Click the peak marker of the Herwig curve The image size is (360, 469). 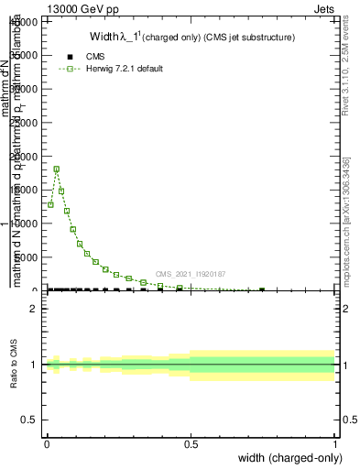pyautogui.click(x=57, y=169)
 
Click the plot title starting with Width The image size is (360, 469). pyautogui.click(x=191, y=38)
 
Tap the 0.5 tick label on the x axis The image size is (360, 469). pyautogui.click(x=191, y=444)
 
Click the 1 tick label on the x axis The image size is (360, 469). pyautogui.click(x=335, y=444)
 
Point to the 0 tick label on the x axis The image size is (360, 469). pyautogui.click(x=47, y=444)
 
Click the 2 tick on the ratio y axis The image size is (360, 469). pyautogui.click(x=34, y=309)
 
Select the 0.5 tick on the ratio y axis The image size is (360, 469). pyautogui.click(x=30, y=420)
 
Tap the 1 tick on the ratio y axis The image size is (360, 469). pyautogui.click(x=34, y=365)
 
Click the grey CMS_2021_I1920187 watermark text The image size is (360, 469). pyautogui.click(x=191, y=274)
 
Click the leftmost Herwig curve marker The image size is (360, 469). pyautogui.click(x=50, y=204)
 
